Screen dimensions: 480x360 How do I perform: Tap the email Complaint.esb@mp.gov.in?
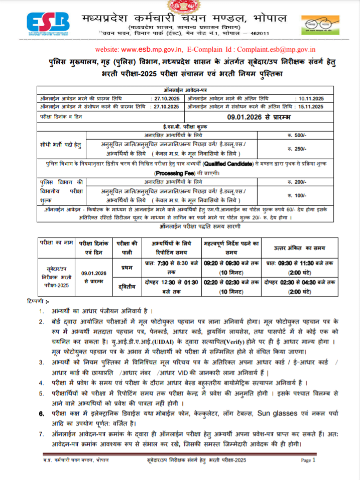pos(276,50)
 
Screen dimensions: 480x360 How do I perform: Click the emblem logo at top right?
pos(320,24)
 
